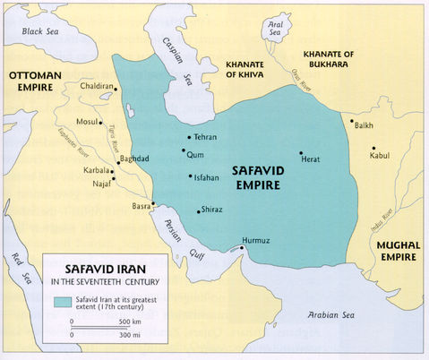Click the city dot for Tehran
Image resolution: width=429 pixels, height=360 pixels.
(x=189, y=137)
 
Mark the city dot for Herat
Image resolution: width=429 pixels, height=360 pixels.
(x=302, y=153)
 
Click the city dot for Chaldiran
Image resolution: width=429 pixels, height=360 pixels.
(x=115, y=99)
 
